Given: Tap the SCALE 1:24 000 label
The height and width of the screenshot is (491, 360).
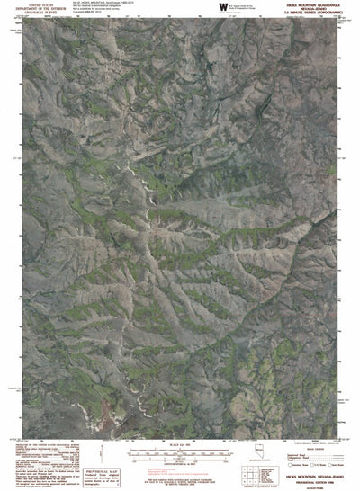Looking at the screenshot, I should (x=179, y=442).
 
